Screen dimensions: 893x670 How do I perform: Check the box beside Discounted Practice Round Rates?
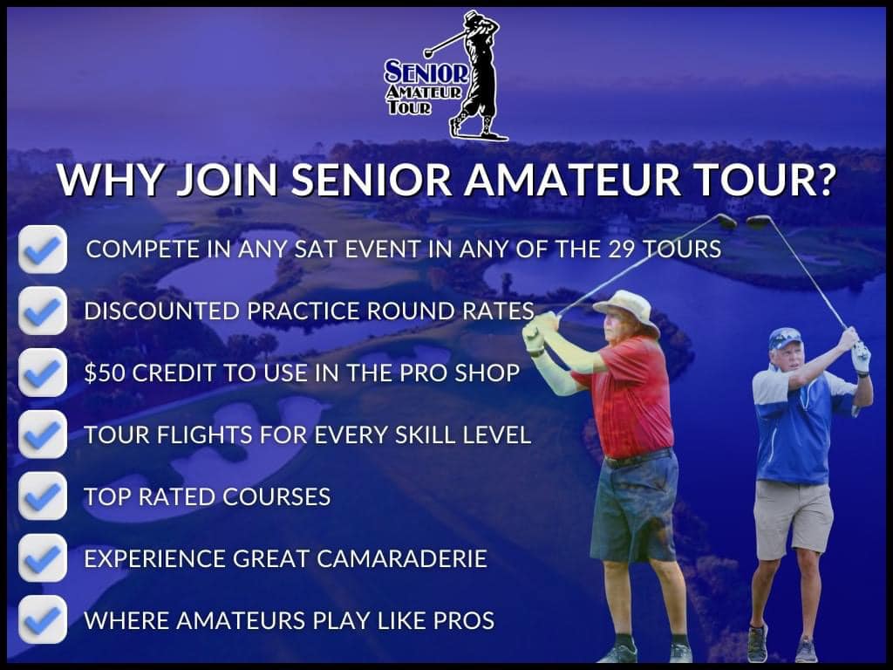43,311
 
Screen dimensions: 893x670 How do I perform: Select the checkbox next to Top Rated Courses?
43,496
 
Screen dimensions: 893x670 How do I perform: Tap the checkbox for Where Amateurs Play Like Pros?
43,620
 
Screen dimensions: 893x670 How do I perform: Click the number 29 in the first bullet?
621,249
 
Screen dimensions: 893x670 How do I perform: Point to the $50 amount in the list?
105,373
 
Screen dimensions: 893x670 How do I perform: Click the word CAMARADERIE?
401,558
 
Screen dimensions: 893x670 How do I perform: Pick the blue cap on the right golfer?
786,338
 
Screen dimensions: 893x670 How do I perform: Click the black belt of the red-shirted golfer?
637,457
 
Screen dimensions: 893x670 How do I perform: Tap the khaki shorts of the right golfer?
794,518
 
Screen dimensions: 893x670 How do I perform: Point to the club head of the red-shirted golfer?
726,222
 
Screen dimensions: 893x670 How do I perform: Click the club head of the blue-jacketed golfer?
759,222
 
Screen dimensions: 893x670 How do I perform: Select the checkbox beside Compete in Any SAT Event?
43,250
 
